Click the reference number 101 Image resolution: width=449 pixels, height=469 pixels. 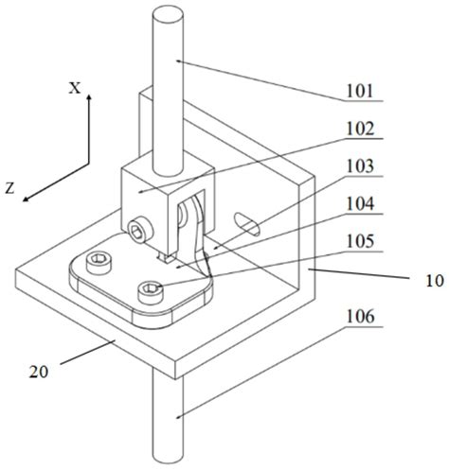pos(360,91)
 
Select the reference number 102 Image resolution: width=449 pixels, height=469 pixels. pos(360,129)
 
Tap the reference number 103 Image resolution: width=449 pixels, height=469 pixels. pos(360,166)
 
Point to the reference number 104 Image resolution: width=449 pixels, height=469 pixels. pos(360,203)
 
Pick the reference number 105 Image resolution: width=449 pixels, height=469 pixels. pos(360,241)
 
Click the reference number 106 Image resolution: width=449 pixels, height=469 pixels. pos(360,317)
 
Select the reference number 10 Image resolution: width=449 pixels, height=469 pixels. pos(435,280)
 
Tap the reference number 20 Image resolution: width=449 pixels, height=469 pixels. pos(39,372)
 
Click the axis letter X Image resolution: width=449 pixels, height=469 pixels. pos(75,88)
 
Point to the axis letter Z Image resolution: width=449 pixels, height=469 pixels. pos(10,188)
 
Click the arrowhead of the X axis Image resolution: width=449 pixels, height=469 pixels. pos(89,97)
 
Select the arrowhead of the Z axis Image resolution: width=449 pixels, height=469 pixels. pos(26,199)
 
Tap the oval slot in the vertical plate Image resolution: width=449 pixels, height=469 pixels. pos(247,224)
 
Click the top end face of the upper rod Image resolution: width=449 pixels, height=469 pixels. pos(168,14)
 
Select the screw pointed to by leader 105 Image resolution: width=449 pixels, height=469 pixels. pos(151,292)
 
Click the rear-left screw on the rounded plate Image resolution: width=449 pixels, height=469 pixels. pos(99,263)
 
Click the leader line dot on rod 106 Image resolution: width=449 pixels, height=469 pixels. pos(178,417)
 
